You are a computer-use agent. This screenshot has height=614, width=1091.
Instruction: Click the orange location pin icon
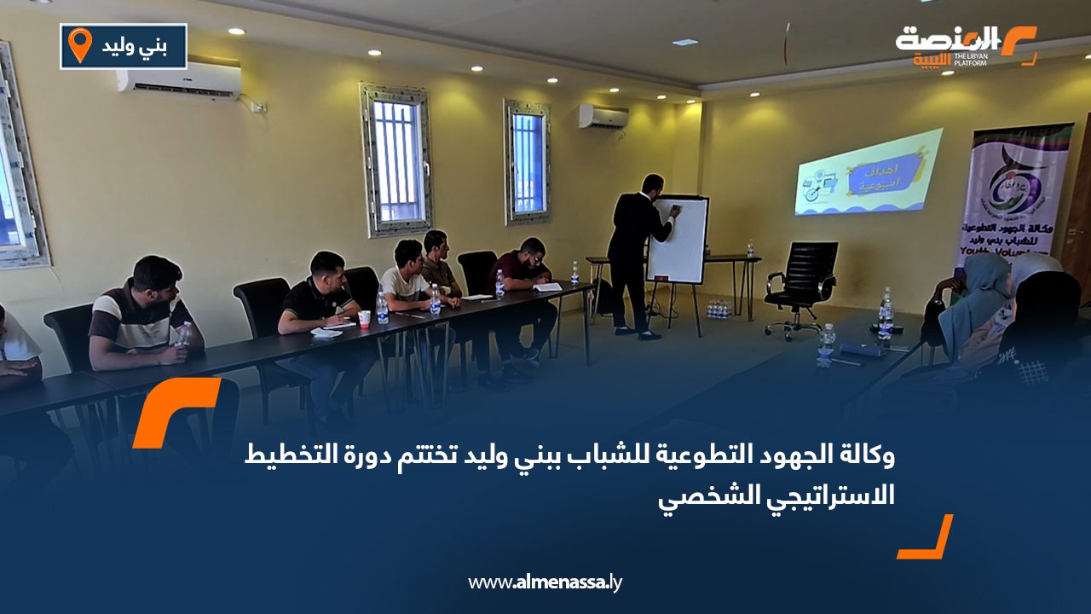(79, 45)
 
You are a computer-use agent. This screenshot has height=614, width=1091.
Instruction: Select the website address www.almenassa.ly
(545, 583)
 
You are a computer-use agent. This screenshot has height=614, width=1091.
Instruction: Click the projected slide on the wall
(868, 172)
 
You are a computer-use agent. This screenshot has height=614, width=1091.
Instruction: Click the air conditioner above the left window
(178, 80)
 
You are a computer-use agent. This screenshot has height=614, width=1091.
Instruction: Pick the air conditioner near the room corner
(603, 116)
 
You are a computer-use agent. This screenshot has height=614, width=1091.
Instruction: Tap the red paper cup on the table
(364, 319)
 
